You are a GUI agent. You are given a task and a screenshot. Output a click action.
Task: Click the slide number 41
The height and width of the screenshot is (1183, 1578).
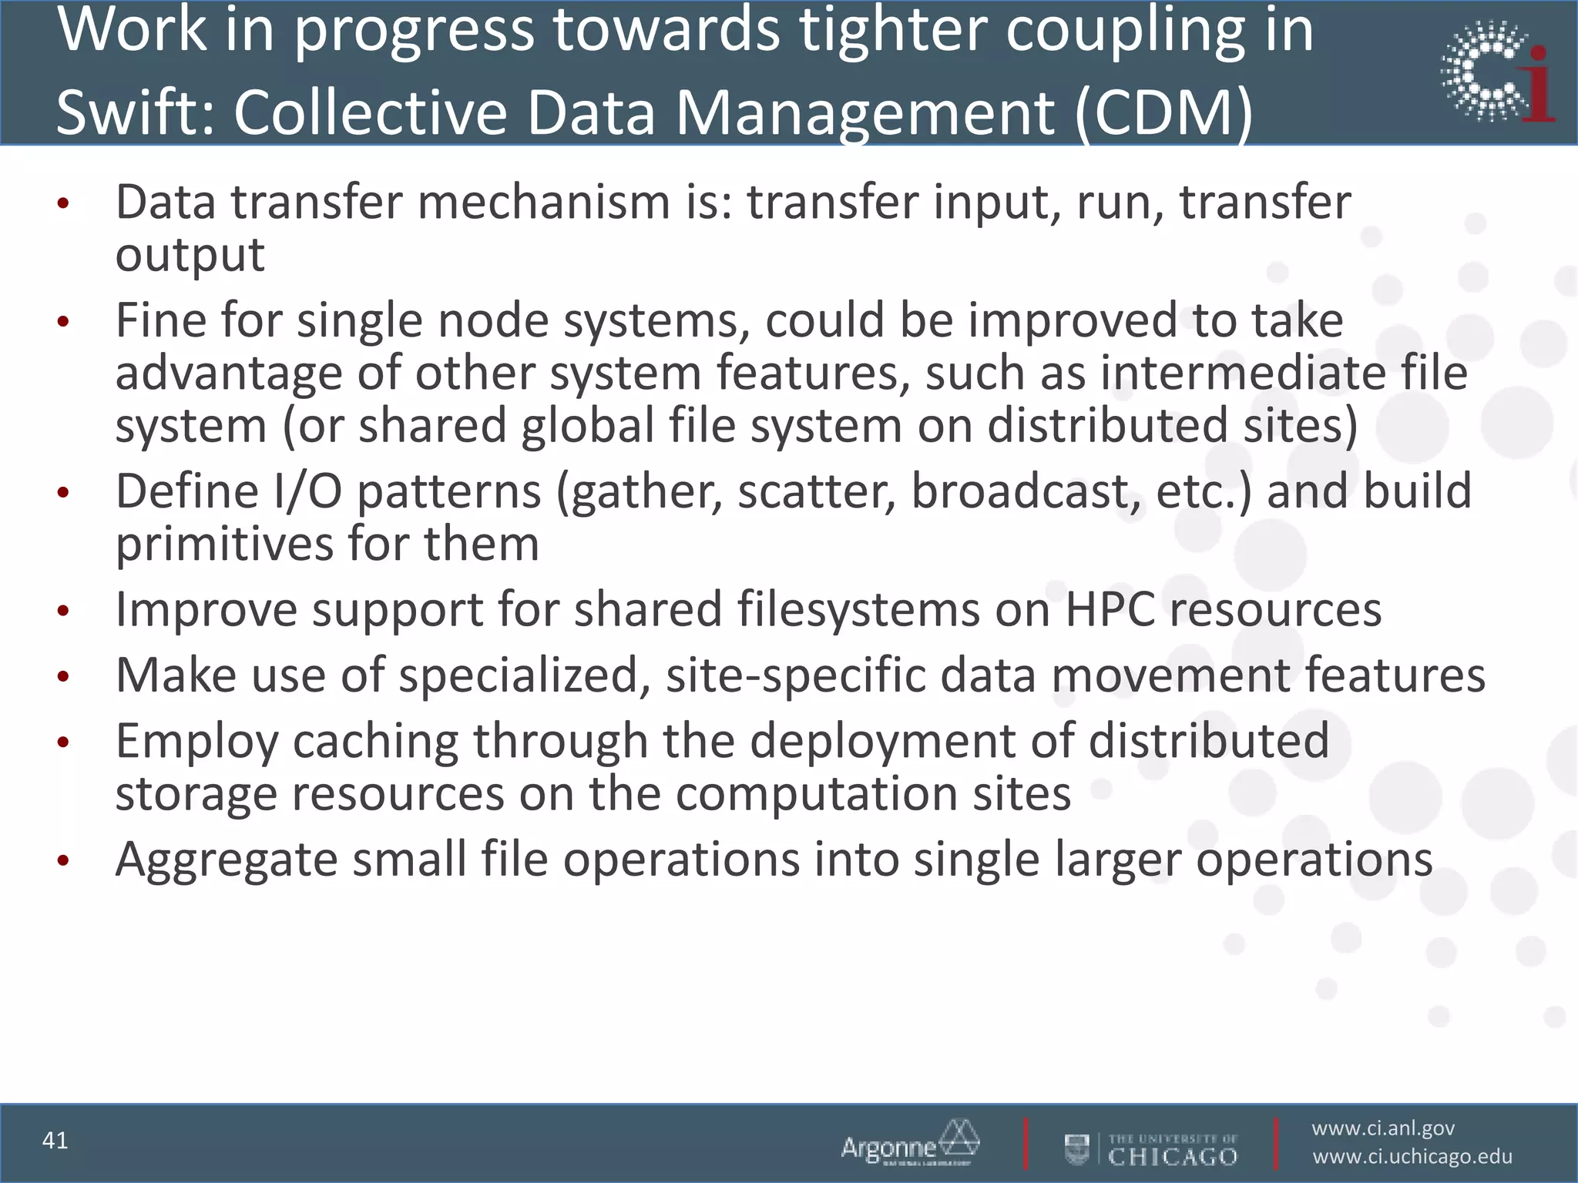55,1141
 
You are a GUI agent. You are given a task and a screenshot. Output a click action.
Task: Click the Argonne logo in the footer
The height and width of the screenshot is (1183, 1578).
910,1144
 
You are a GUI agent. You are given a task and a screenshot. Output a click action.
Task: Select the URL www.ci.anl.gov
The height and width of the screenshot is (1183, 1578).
1383,1128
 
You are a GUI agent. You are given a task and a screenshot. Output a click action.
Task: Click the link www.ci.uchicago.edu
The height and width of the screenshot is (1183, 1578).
1412,1157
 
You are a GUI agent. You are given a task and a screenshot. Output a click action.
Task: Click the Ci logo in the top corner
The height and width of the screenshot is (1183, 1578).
1496,72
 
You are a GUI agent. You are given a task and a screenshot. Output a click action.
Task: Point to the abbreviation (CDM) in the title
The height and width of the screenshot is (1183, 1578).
1163,112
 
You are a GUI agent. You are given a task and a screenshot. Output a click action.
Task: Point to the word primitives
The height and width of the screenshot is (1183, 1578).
224,545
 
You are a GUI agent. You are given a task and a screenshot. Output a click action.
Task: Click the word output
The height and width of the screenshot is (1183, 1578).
190,254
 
